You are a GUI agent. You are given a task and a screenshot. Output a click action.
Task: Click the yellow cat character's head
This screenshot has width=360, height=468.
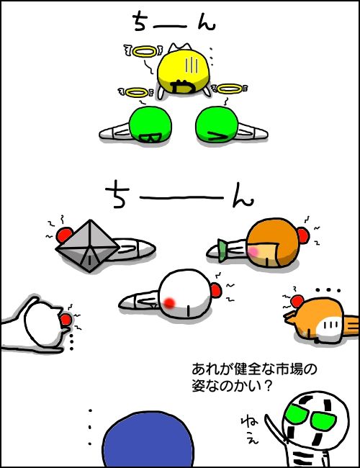click(183, 70)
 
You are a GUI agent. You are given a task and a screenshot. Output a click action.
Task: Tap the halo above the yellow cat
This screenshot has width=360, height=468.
click(145, 53)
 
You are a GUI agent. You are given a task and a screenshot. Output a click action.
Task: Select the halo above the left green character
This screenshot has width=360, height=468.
click(136, 93)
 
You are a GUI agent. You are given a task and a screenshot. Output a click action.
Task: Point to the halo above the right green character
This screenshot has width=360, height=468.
click(229, 89)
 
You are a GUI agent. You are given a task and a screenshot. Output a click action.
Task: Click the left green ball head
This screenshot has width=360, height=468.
click(150, 124)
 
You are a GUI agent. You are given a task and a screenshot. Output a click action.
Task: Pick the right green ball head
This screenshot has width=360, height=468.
click(217, 124)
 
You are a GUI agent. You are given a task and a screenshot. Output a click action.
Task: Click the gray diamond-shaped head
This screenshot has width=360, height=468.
click(88, 246)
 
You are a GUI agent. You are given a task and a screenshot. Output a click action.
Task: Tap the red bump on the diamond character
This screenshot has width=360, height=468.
click(64, 235)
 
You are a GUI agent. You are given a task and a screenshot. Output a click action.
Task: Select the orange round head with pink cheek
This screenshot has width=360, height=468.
click(273, 243)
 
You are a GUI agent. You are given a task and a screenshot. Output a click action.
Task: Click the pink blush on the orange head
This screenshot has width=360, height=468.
click(253, 251)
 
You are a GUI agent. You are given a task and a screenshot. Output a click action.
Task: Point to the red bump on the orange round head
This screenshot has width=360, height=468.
click(302, 235)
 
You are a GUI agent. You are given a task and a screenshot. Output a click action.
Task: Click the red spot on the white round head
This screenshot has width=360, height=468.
click(169, 302)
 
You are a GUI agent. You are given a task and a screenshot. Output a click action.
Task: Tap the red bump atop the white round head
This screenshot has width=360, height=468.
click(216, 291)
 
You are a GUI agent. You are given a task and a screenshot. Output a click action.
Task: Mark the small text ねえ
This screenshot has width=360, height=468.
click(250, 430)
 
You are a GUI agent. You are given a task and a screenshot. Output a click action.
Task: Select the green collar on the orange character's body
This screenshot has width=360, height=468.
click(222, 251)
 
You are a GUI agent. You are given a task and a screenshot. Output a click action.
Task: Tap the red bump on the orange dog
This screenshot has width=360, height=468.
click(297, 301)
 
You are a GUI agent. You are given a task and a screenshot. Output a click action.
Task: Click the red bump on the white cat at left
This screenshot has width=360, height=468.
click(66, 320)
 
